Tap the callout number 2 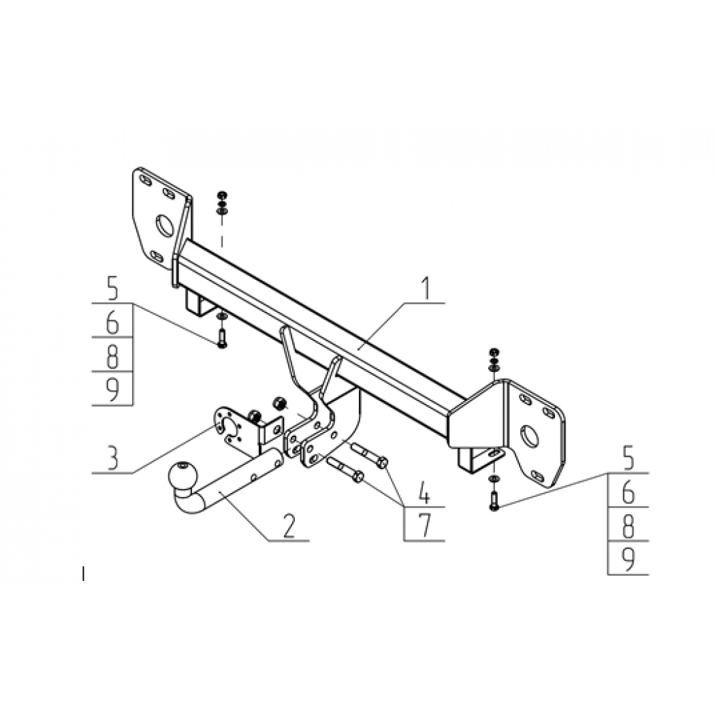[288, 527]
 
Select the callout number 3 [112, 458]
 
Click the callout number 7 [424, 526]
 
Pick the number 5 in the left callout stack [112, 289]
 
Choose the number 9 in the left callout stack [112, 391]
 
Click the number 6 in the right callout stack [628, 492]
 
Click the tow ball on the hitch [183, 477]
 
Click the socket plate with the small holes [229, 427]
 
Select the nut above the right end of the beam [494, 352]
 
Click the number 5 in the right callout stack [628, 459]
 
